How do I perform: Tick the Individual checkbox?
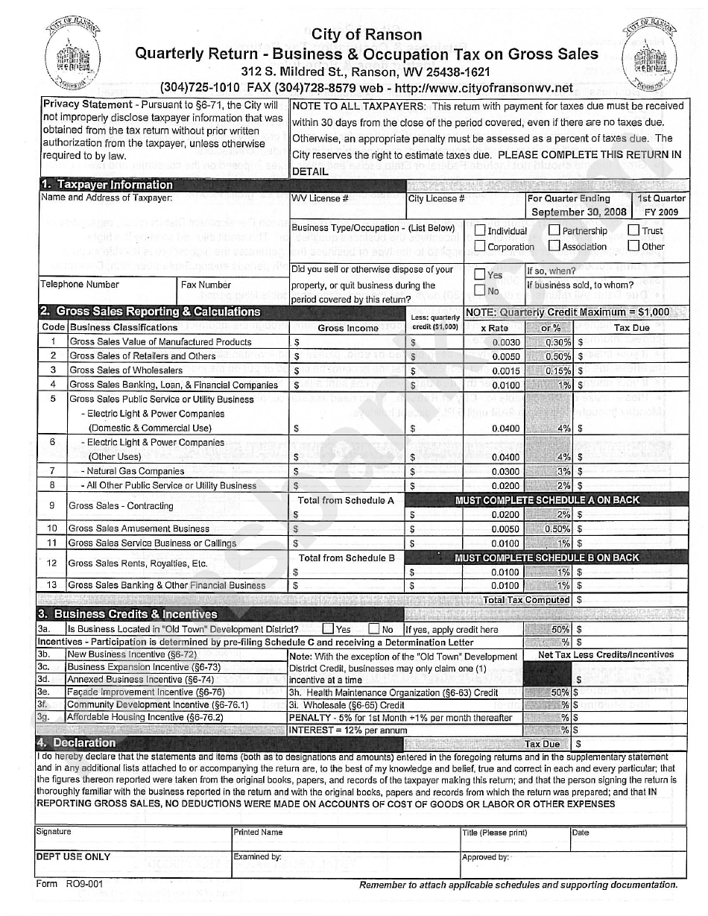pos(480,230)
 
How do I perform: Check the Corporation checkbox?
pos(480,246)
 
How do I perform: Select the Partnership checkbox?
pos(554,230)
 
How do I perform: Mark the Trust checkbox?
pos(633,230)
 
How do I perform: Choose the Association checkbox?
pos(554,246)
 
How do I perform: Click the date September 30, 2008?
pos(578,212)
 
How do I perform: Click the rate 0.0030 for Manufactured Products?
pos(506,342)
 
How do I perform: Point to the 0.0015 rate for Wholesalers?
pos(506,370)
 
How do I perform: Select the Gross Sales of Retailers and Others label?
pos(142,356)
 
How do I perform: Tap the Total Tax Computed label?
pos(526,600)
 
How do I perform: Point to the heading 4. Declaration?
pos(77,743)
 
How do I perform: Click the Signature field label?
pos(54,832)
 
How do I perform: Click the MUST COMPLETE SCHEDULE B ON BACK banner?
pos(547,558)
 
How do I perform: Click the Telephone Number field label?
pos(80,285)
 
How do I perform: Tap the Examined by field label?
pos(257,857)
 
